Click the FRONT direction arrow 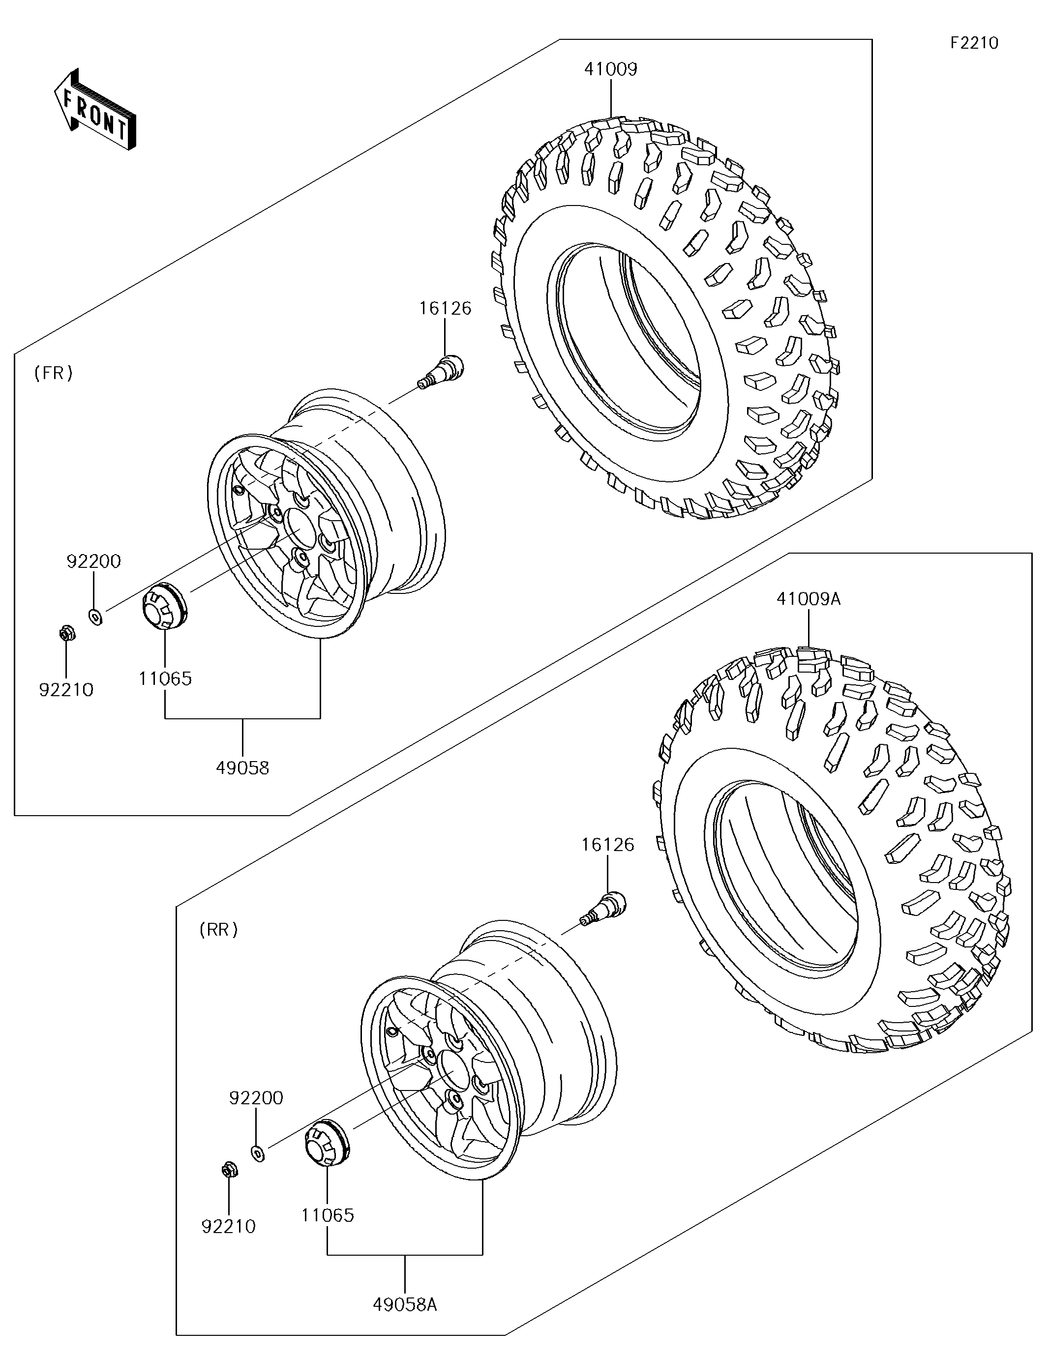[94, 108]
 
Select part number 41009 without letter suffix [611, 69]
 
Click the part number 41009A [808, 599]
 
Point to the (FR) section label [54, 373]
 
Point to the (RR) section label [218, 929]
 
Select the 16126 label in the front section [445, 308]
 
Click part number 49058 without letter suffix [242, 768]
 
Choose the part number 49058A [405, 1305]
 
